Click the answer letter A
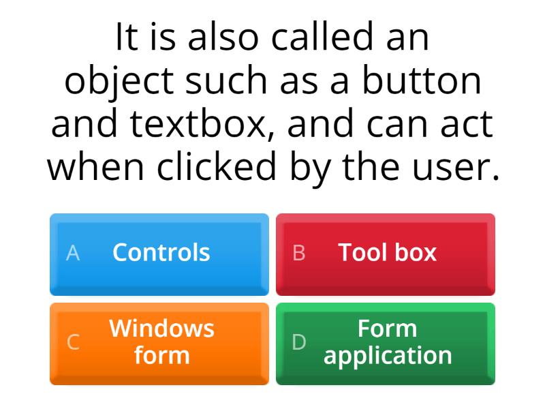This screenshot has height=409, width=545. point(73,253)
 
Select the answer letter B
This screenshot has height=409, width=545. point(299,253)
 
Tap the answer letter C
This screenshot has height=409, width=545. point(73,342)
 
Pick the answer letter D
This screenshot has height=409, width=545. point(299,342)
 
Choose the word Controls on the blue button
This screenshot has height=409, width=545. point(161,252)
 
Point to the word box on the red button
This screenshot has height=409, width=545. point(415,252)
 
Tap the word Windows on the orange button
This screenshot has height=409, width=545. point(161,329)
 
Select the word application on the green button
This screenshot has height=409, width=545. point(388,356)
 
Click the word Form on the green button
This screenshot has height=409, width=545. point(388,329)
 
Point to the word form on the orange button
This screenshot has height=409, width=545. point(161,356)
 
